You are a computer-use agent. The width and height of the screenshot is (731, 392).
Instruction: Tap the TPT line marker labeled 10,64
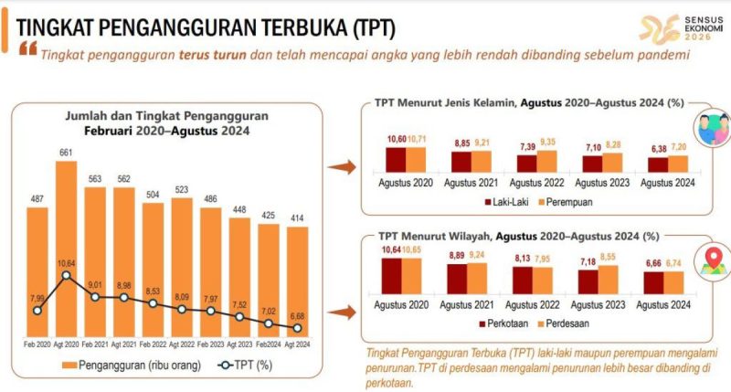(x=66, y=275)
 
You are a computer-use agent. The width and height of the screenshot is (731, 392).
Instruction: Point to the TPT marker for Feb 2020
(x=37, y=310)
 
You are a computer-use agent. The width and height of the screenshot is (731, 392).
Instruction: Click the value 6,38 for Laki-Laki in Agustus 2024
(x=656, y=148)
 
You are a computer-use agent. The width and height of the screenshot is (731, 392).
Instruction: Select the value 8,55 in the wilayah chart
(x=609, y=258)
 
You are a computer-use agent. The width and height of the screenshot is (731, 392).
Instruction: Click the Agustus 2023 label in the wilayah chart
(x=599, y=306)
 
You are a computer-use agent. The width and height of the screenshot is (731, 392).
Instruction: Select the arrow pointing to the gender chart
(x=342, y=167)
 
